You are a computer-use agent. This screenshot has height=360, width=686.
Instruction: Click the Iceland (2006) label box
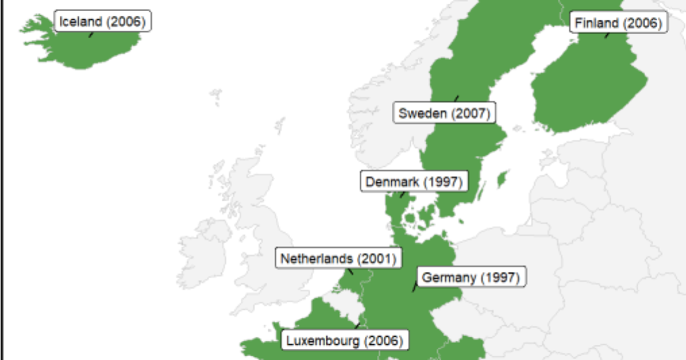pos(103,22)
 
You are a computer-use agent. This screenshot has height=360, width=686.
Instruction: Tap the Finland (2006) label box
pos(618,23)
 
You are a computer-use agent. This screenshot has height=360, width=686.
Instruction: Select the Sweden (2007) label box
pos(444,113)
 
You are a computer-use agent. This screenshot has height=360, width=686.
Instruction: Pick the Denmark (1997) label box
pos(413,182)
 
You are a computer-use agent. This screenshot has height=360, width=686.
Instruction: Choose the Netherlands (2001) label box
pos(338,259)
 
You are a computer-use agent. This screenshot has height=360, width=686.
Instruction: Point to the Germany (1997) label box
pos(470,278)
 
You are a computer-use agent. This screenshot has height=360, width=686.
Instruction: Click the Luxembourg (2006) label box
pos(345,341)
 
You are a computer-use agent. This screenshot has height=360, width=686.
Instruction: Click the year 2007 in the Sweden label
pos(470,113)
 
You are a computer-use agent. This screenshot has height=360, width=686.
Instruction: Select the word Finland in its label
pos(596,23)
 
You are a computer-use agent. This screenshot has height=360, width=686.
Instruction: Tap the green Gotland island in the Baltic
pos(502,179)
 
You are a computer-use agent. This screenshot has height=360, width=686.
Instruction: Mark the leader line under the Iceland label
pos(91,34)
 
